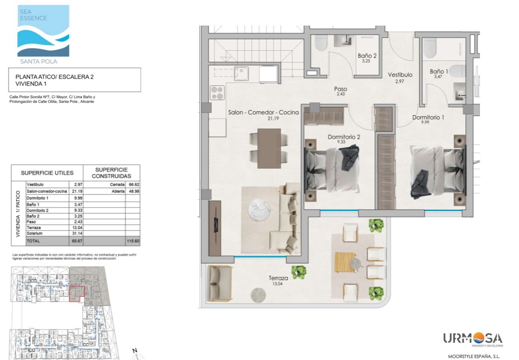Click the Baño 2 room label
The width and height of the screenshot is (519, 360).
pos(367,56)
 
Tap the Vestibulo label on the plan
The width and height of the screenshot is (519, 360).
pos(400,75)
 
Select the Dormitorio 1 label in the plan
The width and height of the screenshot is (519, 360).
pos(428,117)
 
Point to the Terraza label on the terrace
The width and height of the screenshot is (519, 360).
pos(278,278)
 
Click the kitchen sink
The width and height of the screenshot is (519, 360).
pos(241,74)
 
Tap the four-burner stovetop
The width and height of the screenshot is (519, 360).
pos(217,93)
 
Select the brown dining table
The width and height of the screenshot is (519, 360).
pos(269,148)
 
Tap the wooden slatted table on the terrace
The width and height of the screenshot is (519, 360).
pos(345,262)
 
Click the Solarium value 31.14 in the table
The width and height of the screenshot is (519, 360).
pos(77,233)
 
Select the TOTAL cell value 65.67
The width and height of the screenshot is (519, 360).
pos(77,241)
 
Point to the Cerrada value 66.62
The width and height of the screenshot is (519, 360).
pos(134,184)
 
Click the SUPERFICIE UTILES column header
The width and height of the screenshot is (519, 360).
pos(47,173)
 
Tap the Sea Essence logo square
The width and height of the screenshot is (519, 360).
pos(43,31)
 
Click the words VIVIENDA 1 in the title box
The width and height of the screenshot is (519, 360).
pos(31,84)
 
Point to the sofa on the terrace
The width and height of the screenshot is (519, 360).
pos(219,284)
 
